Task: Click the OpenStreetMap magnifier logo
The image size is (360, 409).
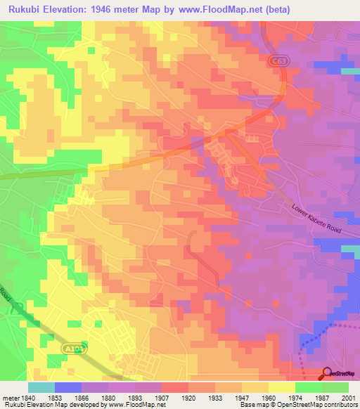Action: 327,374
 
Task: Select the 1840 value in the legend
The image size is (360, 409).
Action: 27,396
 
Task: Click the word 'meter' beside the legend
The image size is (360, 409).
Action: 9,396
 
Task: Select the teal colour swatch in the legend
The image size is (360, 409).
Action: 41,387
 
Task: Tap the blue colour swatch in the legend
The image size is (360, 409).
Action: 67,387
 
